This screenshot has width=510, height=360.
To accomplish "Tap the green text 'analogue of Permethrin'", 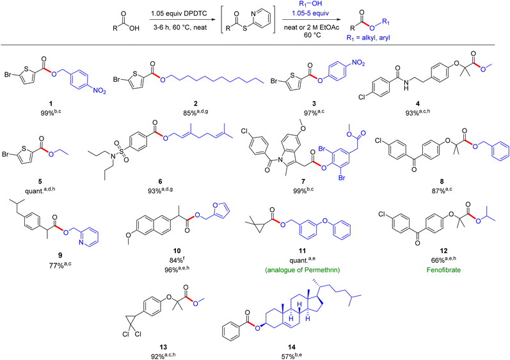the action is pyautogui.click(x=303, y=270).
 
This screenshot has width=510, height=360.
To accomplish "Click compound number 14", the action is pyautogui.click(x=292, y=347).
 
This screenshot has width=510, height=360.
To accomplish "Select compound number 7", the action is pyautogui.click(x=303, y=182).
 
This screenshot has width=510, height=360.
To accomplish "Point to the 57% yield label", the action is pyautogui.click(x=292, y=356).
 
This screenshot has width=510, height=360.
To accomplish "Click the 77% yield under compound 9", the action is pyautogui.click(x=60, y=265).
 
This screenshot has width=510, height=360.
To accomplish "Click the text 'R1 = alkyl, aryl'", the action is pyautogui.click(x=368, y=38).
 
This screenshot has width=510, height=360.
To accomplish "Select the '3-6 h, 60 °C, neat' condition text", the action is pyautogui.click(x=180, y=27).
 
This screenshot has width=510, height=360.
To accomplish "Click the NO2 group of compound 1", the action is pyautogui.click(x=99, y=91).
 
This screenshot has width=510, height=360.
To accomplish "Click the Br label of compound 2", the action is pyautogui.click(x=116, y=79).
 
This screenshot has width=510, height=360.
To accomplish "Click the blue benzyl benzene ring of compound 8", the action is pyautogui.click(x=500, y=150).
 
